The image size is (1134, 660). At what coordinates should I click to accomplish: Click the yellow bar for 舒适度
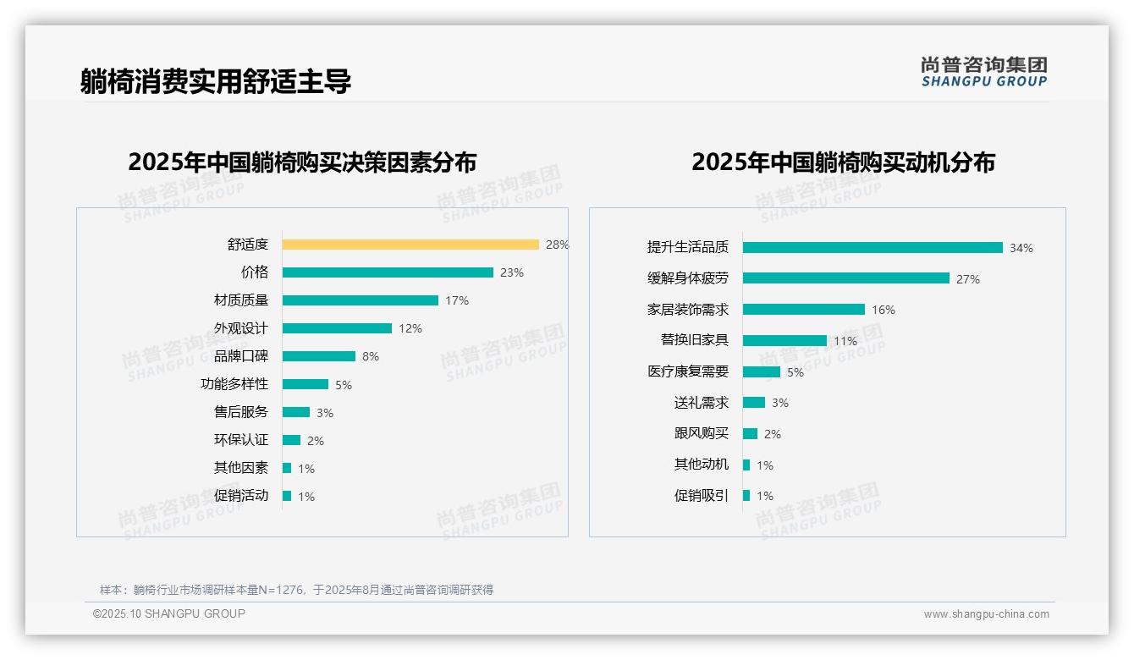(410, 245)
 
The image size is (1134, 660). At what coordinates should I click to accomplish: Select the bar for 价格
(388, 272)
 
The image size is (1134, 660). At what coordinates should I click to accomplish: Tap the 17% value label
(457, 300)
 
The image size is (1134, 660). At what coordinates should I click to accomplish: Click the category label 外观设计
(241, 328)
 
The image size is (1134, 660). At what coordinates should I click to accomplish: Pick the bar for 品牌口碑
(319, 356)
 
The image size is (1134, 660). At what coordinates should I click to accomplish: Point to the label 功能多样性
(234, 384)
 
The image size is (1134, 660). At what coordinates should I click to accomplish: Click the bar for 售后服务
(296, 412)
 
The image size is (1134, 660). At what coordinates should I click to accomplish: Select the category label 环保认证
(241, 440)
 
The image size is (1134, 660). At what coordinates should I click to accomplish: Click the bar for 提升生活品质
(873, 247)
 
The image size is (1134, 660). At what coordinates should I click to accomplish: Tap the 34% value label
(1021, 248)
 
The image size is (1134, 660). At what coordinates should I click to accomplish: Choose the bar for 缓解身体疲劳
(846, 278)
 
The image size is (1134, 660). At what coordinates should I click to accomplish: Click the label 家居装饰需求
(688, 310)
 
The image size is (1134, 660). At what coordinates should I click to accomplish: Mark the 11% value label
(845, 341)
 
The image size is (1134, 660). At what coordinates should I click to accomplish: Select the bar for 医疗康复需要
(762, 371)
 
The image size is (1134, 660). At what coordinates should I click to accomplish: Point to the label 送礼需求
(702, 403)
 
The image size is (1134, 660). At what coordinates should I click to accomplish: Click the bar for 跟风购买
(751, 433)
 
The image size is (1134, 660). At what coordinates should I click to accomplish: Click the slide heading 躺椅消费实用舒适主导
(216, 81)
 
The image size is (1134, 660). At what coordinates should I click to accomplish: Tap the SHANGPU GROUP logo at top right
(984, 72)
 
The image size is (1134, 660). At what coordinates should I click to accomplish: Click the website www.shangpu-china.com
(986, 614)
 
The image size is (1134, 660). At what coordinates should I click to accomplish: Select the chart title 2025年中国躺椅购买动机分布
(843, 162)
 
